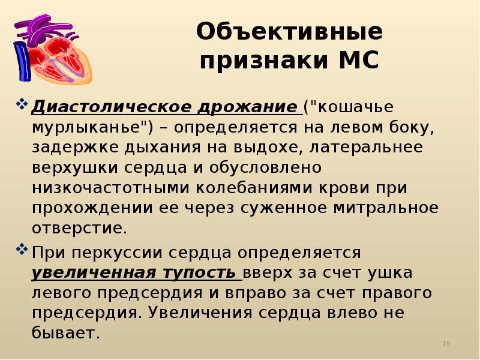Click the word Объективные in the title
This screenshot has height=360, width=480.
click(289, 32)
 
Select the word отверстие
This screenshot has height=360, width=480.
click(79, 228)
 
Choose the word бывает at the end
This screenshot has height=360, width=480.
click(65, 333)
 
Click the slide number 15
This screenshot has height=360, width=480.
click(446, 343)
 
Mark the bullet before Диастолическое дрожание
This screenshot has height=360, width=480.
click(22, 106)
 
